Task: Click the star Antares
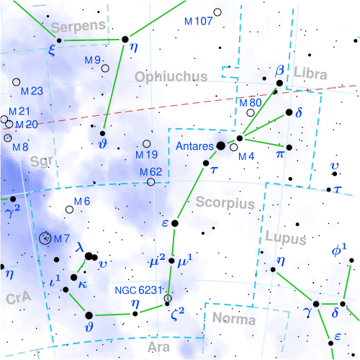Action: pos(221,145)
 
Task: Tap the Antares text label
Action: pos(194,146)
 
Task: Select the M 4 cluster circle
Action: pos(233,148)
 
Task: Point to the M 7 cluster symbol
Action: pos(47,237)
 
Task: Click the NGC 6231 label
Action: pos(140,291)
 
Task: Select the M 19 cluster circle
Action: pos(148,143)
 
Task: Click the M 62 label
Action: pos(150,171)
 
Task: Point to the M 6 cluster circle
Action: pos(70,210)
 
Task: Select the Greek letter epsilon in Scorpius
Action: pos(165,223)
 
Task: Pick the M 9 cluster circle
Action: pos(106,68)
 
